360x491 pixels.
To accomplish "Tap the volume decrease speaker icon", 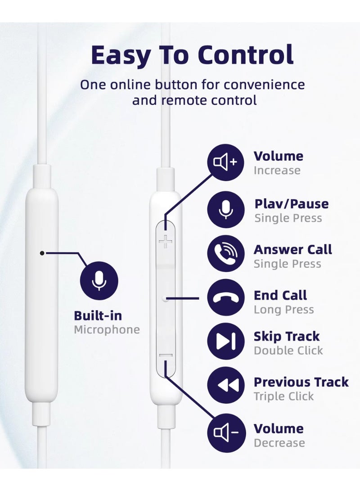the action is pyautogui.click(x=226, y=433).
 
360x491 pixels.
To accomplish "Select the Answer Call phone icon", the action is pyautogui.click(x=226, y=254).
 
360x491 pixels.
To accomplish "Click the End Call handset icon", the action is pyautogui.click(x=226, y=297).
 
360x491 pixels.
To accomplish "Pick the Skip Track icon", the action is pyautogui.click(x=226, y=341).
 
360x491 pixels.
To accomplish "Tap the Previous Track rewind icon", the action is pyautogui.click(x=226, y=385).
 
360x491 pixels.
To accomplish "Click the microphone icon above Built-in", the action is pyautogui.click(x=99, y=280).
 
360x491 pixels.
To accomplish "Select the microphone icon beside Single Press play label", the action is pyautogui.click(x=226, y=209).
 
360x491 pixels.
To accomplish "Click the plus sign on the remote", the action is pyautogui.click(x=166, y=241).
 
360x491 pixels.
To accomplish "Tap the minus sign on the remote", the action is pyautogui.click(x=166, y=356).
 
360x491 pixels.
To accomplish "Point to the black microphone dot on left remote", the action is pyautogui.click(x=42, y=253).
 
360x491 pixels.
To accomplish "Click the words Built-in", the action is pyautogui.click(x=98, y=315).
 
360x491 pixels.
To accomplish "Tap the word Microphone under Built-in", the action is pyautogui.click(x=107, y=330).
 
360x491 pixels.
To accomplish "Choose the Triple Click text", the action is pyautogui.click(x=283, y=396).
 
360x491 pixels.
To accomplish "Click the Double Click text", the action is pyautogui.click(x=288, y=351).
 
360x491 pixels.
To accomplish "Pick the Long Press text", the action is pyautogui.click(x=283, y=310).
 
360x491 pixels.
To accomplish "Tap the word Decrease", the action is pyautogui.click(x=279, y=443).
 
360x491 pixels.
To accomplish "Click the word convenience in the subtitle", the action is pyautogui.click(x=264, y=85).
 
